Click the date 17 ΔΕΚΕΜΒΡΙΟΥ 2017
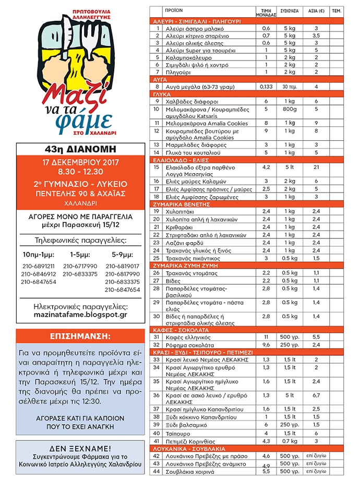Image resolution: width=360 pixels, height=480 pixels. pos(80,162)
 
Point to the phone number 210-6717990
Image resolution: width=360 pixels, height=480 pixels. pos(80,266)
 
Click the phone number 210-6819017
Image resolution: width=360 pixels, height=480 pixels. pos(122,266)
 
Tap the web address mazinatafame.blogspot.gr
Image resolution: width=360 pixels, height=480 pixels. pos(80,315)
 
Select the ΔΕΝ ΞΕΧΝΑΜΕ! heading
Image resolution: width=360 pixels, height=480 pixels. pos(80,448)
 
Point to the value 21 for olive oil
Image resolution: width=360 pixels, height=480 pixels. pos(316,167)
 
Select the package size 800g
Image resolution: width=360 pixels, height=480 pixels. pos(286,110)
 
